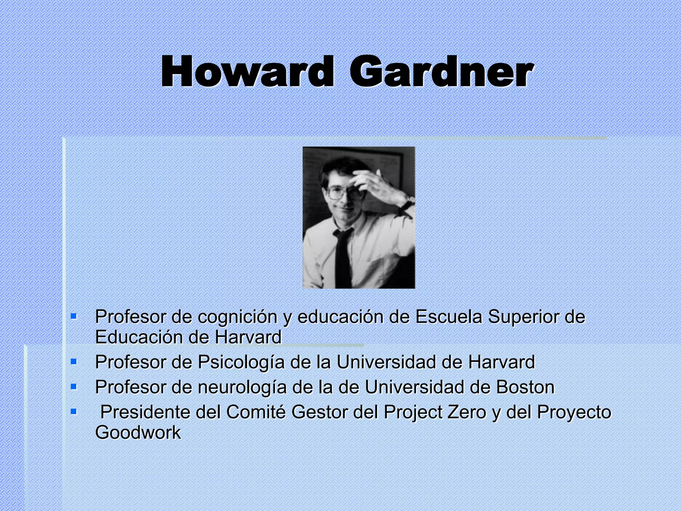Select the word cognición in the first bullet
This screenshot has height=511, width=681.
pos(237,317)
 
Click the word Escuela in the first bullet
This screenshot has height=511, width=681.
pos(449,317)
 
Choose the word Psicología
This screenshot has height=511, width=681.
pos(241,362)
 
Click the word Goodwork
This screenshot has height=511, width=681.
pos(138,433)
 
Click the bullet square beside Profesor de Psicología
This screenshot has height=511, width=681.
pos(74,361)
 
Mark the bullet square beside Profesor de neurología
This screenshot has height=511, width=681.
pos(74,387)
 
